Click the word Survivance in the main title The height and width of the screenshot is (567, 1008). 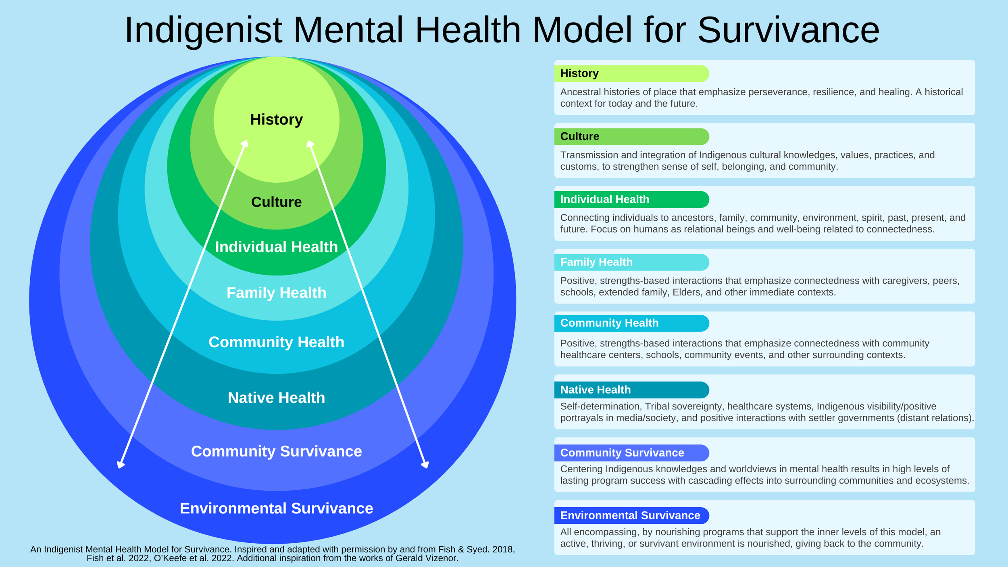tap(788, 30)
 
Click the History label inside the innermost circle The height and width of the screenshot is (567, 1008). tap(276, 120)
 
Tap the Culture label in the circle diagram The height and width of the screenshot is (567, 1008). tap(276, 202)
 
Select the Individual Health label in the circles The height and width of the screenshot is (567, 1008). tap(276, 247)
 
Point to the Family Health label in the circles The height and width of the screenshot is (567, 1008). tap(276, 293)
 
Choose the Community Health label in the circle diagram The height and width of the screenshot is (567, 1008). tap(276, 342)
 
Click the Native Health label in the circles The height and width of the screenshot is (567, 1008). tap(276, 398)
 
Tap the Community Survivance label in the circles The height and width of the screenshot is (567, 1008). tap(276, 452)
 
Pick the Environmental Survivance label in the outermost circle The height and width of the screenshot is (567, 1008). tap(276, 509)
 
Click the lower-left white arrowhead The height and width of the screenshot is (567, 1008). tap(120, 465)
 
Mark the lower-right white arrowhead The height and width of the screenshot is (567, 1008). tap(425, 465)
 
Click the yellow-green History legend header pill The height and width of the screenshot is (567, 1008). tap(631, 73)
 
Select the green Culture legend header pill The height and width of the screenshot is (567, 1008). tap(631, 136)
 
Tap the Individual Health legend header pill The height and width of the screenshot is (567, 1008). tap(631, 199)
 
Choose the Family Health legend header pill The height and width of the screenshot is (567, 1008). tap(631, 262)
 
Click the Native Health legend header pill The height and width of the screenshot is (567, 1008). tap(631, 390)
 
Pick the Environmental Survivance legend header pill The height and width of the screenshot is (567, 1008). tap(631, 515)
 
